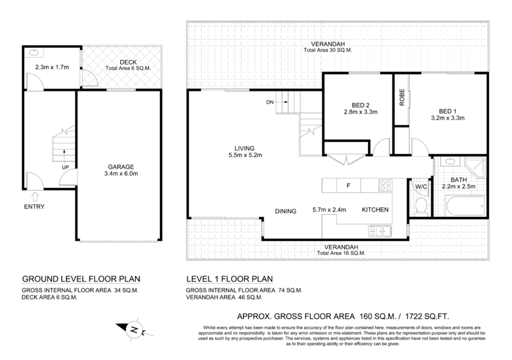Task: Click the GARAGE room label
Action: pyautogui.click(x=121, y=167)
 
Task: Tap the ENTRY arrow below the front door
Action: pyautogui.click(x=35, y=196)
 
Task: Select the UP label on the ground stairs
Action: pyautogui.click(x=65, y=168)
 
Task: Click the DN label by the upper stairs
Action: pyautogui.click(x=269, y=102)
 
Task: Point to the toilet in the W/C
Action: pyautogui.click(x=421, y=206)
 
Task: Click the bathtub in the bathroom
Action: pyautogui.click(x=465, y=206)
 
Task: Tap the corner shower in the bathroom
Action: pyautogui.click(x=476, y=168)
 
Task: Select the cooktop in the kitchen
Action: pyautogui.click(x=385, y=185)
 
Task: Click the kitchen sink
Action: pyautogui.click(x=380, y=231)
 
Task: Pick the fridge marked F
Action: pyautogui.click(x=348, y=185)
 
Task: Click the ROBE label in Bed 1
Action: pyautogui.click(x=402, y=97)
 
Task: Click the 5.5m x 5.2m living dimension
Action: pyautogui.click(x=245, y=155)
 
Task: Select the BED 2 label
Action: pyautogui.click(x=360, y=106)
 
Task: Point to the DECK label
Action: pyautogui.click(x=128, y=62)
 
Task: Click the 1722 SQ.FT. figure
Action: pyautogui.click(x=427, y=317)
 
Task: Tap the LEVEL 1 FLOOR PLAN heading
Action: pyautogui.click(x=229, y=279)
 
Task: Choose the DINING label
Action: pyautogui.click(x=285, y=211)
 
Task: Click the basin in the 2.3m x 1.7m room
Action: pyautogui.click(x=35, y=52)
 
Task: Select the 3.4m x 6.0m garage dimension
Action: pyautogui.click(x=121, y=174)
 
